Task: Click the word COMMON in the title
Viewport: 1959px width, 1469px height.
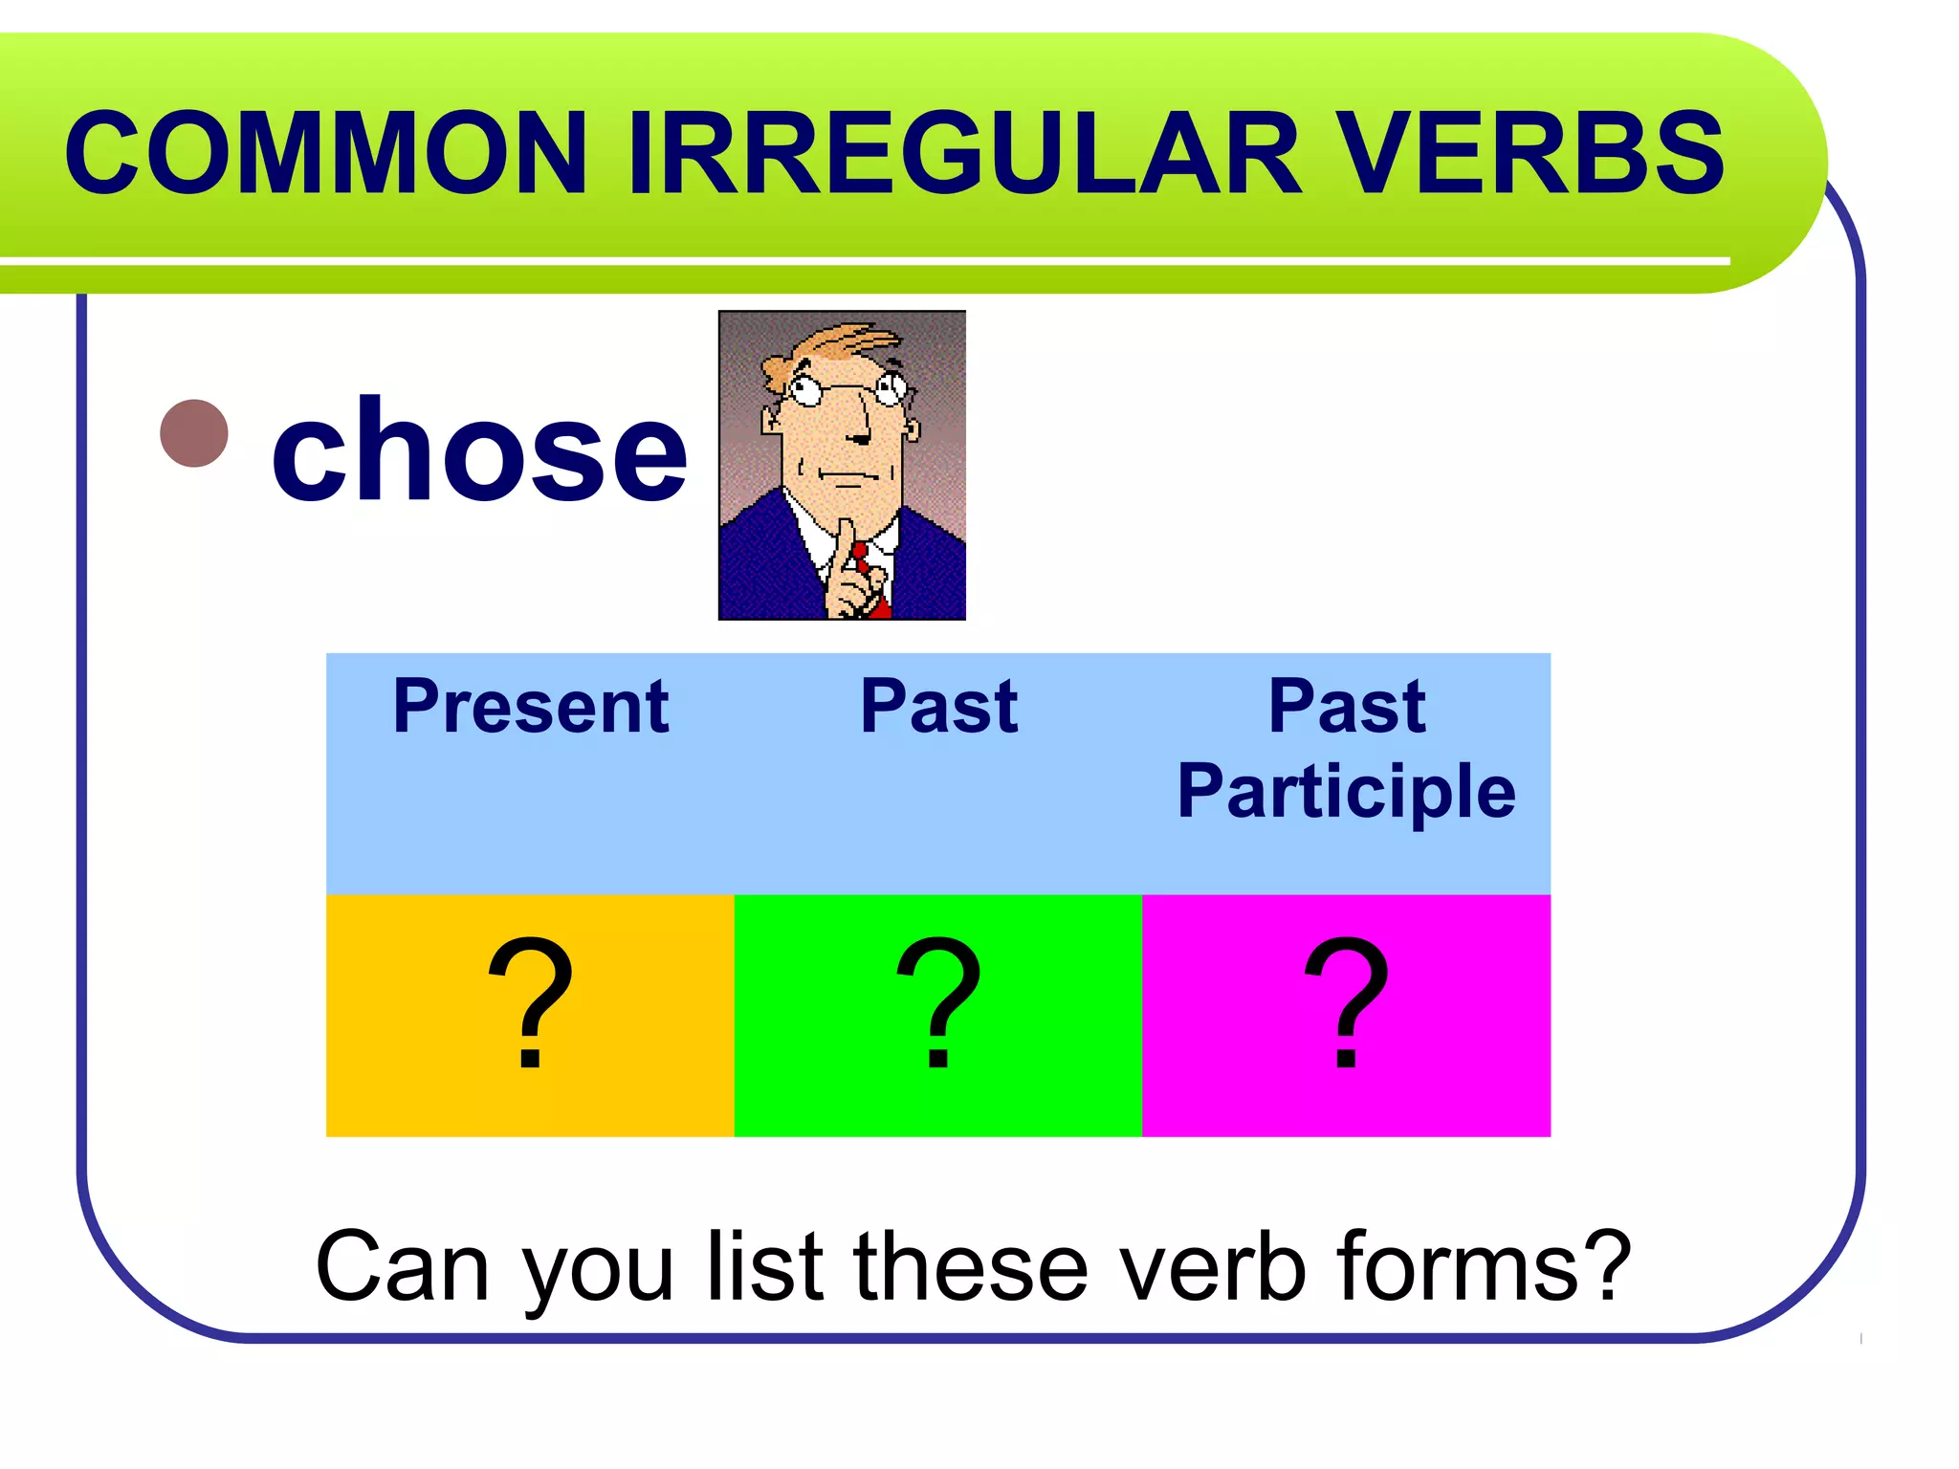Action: coord(325,153)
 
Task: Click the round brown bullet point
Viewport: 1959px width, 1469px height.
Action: coord(194,433)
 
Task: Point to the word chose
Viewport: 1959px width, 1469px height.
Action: coord(478,449)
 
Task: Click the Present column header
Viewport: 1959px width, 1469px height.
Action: coord(530,707)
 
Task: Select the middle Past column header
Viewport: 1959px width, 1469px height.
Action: coord(938,707)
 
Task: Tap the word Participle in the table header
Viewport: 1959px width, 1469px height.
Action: coord(1346,791)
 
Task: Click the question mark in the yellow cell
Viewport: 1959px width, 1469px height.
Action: coord(530,1004)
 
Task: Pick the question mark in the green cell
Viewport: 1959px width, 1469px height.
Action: coord(938,1004)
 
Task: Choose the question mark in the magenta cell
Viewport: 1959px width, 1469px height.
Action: coord(1346,1004)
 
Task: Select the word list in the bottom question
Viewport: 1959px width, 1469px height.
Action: coord(765,1267)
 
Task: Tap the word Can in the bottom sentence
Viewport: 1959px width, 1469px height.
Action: coord(402,1267)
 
